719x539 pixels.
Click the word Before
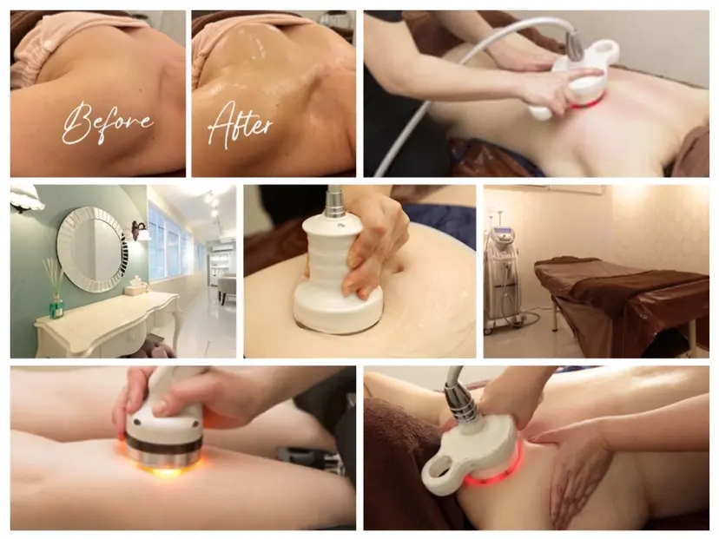tap(107, 123)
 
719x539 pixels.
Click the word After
tap(240, 124)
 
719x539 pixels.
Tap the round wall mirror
tap(92, 249)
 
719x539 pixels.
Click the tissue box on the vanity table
tap(136, 287)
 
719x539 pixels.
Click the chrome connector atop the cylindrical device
tap(336, 201)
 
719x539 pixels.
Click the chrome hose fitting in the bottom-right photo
tap(462, 404)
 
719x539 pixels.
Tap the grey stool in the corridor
tap(227, 287)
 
